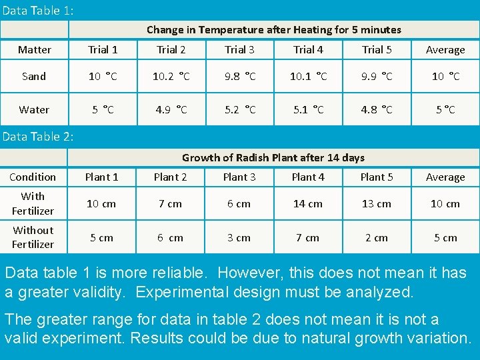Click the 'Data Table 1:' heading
point(38,11)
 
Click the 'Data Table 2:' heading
point(38,137)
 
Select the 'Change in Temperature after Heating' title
point(273,29)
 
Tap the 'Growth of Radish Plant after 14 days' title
point(273,157)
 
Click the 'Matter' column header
point(35,50)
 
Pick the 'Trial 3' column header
point(239,50)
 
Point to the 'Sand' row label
point(34,77)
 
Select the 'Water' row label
point(34,110)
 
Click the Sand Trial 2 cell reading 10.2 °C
point(171,77)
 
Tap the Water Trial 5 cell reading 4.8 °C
point(377,110)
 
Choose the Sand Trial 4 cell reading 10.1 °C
point(308,77)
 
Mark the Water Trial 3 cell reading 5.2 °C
point(239,110)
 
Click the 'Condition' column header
point(33,177)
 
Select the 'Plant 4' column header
point(308,177)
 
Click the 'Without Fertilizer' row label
point(33,237)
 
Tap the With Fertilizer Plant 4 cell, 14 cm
point(308,204)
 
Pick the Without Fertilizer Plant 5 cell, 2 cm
point(377,238)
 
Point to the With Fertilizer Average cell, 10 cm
point(445,204)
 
